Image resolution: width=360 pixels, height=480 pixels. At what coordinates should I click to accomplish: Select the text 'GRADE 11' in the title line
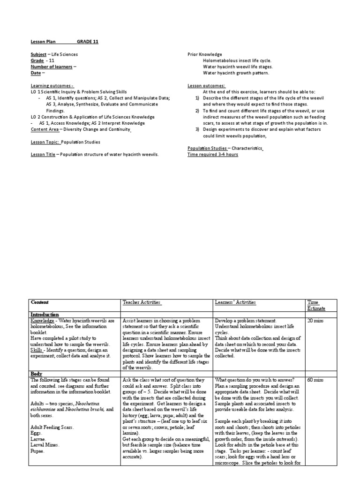[88, 42]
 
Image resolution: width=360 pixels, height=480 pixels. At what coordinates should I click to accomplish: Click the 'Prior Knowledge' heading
[205, 54]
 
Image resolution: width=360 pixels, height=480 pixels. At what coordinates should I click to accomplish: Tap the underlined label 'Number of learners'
[52, 67]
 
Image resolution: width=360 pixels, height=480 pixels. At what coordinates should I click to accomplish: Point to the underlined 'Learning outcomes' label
[52, 86]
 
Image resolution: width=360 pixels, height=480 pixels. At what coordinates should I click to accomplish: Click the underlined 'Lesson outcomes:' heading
[206, 86]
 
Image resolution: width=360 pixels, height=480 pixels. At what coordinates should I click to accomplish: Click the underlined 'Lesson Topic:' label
[45, 142]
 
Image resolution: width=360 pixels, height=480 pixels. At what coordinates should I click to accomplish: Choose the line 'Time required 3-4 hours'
[213, 154]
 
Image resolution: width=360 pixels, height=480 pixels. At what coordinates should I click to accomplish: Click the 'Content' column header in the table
[39, 303]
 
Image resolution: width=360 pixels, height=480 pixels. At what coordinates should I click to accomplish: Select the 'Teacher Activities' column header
[142, 303]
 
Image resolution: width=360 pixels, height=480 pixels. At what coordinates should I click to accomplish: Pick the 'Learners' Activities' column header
[235, 303]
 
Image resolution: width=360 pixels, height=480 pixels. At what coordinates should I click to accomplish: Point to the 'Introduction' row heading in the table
[45, 314]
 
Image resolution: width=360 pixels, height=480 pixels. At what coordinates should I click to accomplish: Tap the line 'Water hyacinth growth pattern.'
[236, 73]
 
